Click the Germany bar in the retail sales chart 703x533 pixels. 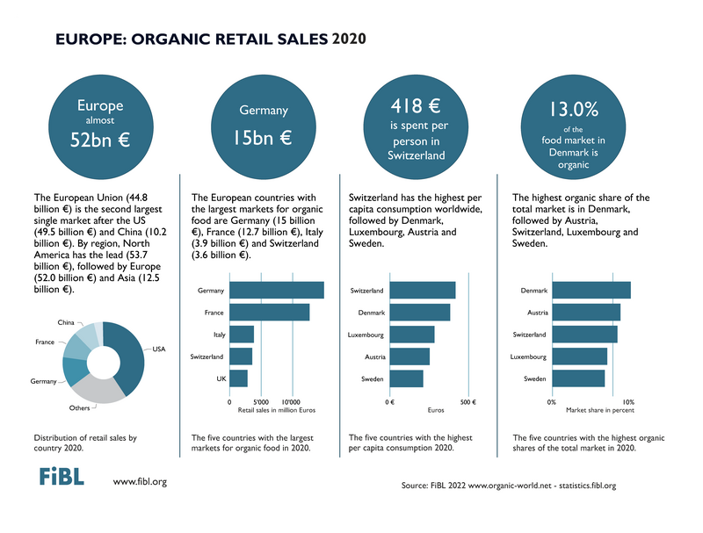click(x=277, y=290)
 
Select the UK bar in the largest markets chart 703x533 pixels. click(x=239, y=378)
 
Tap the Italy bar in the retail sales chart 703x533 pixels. click(x=242, y=335)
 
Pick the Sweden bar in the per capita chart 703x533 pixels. click(x=406, y=378)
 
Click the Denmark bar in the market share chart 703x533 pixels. click(x=591, y=290)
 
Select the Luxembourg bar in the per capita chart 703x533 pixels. click(x=411, y=335)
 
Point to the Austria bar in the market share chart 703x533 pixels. click(x=586, y=312)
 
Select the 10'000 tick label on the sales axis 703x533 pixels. click(x=289, y=402)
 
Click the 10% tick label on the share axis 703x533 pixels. click(x=628, y=402)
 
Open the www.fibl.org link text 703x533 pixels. click(x=141, y=481)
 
